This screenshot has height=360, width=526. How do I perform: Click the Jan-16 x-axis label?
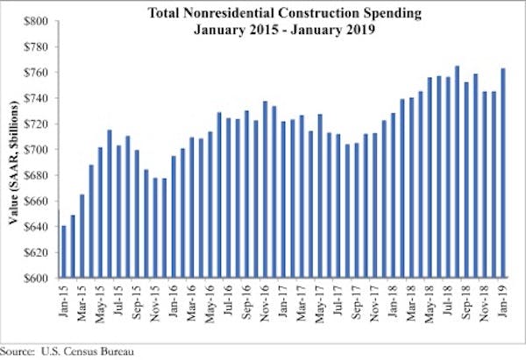[x=174, y=300]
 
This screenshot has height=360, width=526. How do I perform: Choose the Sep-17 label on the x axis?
[x=358, y=300]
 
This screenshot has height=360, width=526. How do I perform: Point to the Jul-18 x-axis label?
[x=449, y=300]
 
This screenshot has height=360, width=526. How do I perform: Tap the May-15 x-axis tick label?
[x=101, y=300]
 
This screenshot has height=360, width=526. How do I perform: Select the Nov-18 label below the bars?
[x=486, y=300]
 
